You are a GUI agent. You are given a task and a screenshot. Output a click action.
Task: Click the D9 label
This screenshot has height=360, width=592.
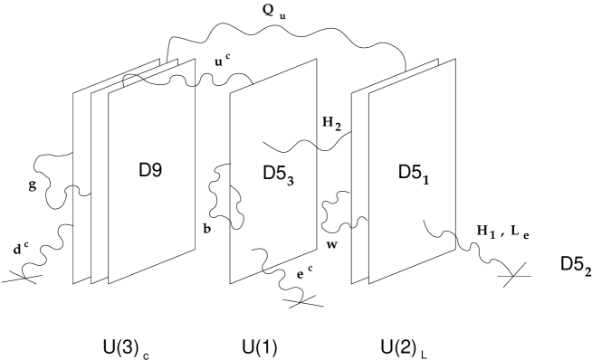coord(150,169)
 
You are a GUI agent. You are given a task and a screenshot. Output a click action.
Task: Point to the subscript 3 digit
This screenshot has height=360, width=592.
coord(290,180)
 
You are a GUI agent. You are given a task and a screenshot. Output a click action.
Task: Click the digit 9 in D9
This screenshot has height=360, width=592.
coord(157,169)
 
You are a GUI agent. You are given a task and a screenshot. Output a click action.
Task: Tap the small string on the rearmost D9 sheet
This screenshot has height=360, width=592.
coord(82,191)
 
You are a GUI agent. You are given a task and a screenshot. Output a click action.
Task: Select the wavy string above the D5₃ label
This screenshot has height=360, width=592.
coord(290,146)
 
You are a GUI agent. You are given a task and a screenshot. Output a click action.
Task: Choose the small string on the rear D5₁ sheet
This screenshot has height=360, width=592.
coord(360,222)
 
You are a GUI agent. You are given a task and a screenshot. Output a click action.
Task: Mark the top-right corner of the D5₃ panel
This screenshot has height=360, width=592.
coord(316,60)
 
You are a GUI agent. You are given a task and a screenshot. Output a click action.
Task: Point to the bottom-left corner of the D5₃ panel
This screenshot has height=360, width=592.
coord(231,282)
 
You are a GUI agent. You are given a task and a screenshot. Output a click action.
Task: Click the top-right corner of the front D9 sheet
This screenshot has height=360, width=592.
coord(195,60)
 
